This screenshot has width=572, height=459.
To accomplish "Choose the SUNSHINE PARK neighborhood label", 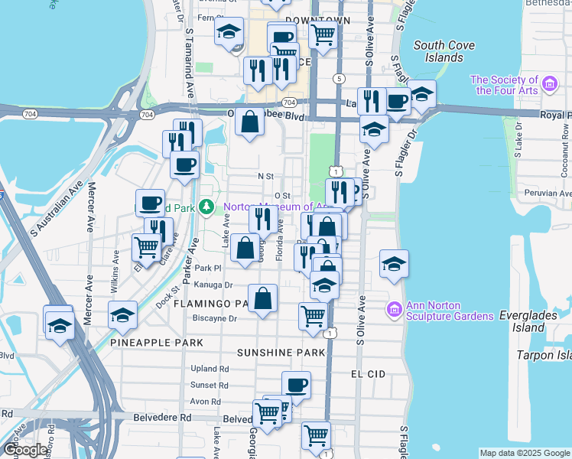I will pyautogui.click(x=281, y=353).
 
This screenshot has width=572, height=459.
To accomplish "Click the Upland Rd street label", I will pyautogui.click(x=210, y=368).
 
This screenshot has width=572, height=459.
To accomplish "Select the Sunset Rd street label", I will pyautogui.click(x=210, y=385).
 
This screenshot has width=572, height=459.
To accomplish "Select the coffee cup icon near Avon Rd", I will pyautogui.click(x=296, y=384).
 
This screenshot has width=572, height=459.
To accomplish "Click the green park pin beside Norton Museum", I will pyautogui.click(x=206, y=207).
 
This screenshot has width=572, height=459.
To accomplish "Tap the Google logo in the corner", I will pyautogui.click(x=25, y=450).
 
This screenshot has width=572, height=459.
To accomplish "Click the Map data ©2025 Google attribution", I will pyautogui.click(x=525, y=453).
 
